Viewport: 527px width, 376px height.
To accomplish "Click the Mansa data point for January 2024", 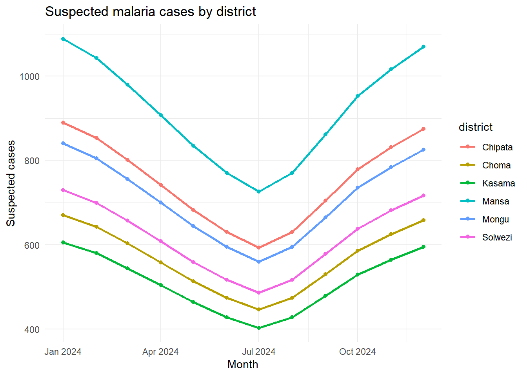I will pos(63,39).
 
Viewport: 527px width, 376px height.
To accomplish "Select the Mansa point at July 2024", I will pos(259,192).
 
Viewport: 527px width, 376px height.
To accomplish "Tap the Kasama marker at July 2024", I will pos(259,328).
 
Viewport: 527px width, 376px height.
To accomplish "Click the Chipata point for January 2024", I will pos(63,123).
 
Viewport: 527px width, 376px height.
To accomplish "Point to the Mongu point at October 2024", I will pos(358,188).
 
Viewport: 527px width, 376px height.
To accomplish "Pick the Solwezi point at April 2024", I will pos(161,241).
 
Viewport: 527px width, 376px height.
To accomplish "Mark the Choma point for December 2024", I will pos(423,220).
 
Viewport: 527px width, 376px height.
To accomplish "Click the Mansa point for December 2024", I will pos(423,47).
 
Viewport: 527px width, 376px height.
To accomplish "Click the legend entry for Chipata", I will pos(497,147).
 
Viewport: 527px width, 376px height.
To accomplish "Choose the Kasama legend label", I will pos(498,183).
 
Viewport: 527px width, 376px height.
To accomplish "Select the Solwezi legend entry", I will pos(497,237).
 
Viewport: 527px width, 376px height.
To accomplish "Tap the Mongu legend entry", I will pos(495,219).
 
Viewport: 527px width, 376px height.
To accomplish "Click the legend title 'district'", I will pos(475,127).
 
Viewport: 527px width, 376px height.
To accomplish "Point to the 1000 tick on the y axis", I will pos(30,76).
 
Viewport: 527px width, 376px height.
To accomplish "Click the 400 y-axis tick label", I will pos(32,330).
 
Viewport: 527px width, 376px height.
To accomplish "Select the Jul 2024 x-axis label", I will pos(259,352).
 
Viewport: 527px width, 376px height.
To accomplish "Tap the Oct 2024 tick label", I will pos(358,352).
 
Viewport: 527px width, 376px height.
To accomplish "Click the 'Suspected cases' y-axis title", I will pos(11,183).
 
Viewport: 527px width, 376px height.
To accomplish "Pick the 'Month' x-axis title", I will pos(243,365).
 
